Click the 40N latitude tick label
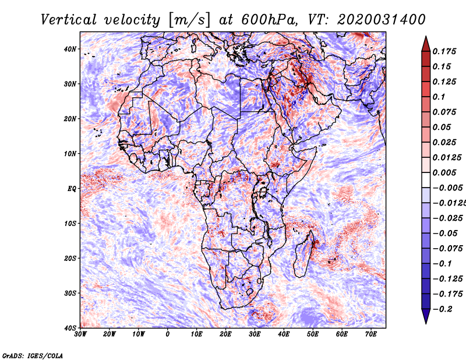point(70,49)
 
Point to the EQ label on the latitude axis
point(72,189)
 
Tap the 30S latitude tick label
point(70,294)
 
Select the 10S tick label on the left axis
point(70,224)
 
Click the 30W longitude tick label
point(80,334)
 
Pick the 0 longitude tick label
point(168,334)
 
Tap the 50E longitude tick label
point(313,334)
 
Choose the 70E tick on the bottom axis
point(371,334)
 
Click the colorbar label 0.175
point(444,51)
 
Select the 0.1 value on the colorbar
point(439,97)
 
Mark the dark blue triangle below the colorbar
point(426,315)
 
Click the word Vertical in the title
point(69,20)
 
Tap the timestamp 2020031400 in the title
point(382,20)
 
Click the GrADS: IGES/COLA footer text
point(33,356)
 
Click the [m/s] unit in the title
point(189,20)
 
